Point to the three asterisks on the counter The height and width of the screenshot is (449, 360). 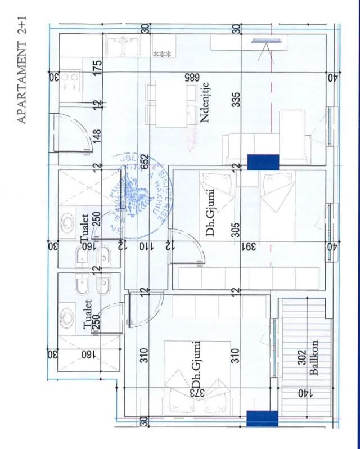click(x=162, y=54)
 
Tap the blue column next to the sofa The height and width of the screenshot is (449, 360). click(x=263, y=162)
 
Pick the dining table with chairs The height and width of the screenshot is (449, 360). click(x=166, y=105)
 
